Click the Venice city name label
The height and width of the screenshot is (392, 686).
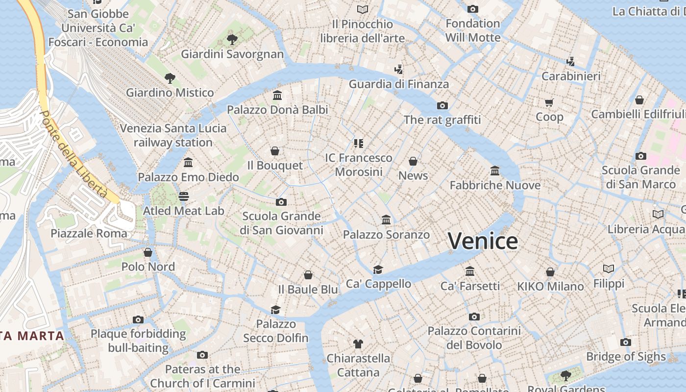click(x=483, y=241)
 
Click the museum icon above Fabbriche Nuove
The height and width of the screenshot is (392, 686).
click(x=495, y=171)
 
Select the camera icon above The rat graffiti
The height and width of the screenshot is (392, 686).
click(x=442, y=105)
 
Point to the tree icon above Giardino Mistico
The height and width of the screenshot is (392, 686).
click(x=170, y=78)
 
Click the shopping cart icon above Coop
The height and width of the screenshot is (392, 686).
click(x=549, y=102)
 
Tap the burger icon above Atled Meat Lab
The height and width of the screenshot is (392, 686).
click(x=184, y=196)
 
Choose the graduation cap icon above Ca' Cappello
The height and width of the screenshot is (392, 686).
click(x=378, y=269)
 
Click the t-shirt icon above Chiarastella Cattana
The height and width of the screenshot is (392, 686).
click(x=358, y=344)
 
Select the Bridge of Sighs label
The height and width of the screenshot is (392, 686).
click(x=626, y=357)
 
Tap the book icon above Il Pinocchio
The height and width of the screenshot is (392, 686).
click(x=363, y=9)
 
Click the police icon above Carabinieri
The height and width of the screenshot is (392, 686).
click(x=570, y=62)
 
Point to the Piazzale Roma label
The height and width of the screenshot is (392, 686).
click(x=89, y=233)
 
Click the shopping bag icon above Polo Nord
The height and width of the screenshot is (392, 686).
click(x=148, y=252)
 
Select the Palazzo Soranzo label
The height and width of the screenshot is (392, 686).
click(x=386, y=235)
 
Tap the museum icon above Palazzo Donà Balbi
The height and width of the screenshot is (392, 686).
click(x=277, y=95)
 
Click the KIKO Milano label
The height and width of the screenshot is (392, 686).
click(x=550, y=286)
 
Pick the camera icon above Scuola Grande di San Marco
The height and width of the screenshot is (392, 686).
click(x=640, y=156)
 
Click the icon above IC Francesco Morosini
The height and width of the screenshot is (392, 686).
click(x=359, y=143)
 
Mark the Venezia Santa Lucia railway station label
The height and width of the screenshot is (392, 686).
click(x=173, y=135)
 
